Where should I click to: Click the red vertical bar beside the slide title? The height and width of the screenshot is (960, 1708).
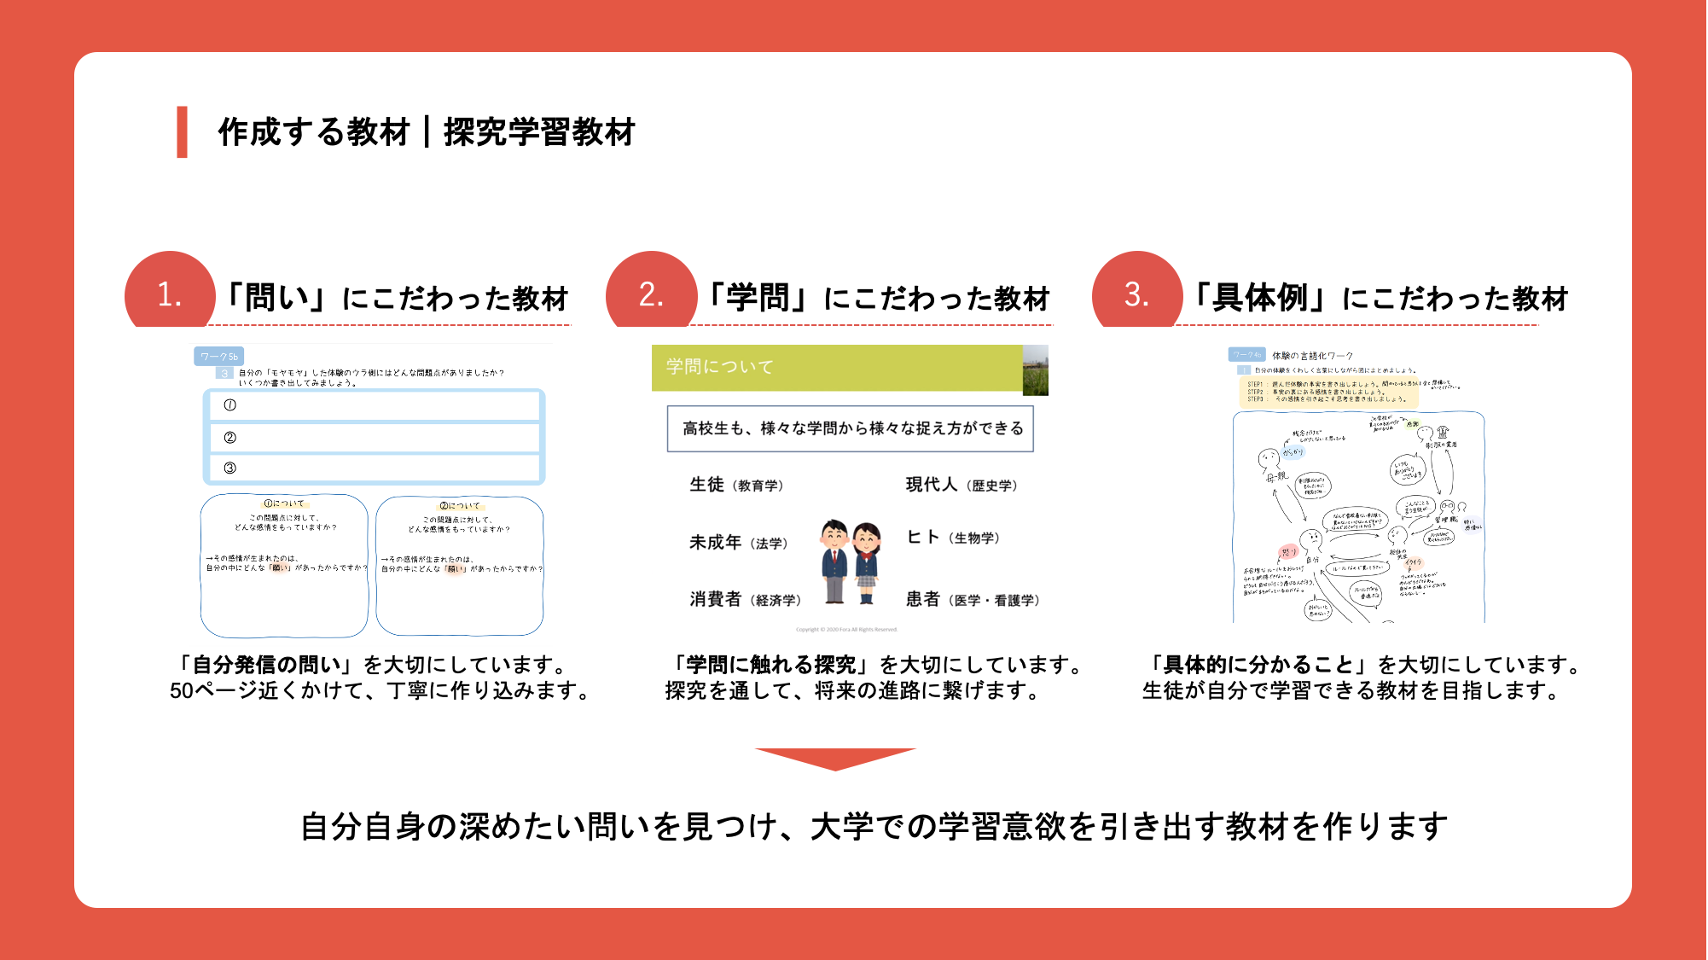[x=182, y=132]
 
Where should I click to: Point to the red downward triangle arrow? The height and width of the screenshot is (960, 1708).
[x=835, y=758]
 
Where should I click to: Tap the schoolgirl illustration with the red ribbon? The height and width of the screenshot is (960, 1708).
[x=867, y=562]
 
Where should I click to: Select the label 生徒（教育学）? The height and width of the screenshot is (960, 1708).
[x=736, y=485]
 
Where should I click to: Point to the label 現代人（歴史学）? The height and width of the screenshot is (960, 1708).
[x=961, y=485]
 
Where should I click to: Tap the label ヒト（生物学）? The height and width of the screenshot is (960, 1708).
[x=953, y=538]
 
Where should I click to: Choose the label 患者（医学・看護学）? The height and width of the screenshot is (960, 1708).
[x=973, y=600]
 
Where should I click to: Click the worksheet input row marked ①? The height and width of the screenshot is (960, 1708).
[x=375, y=406]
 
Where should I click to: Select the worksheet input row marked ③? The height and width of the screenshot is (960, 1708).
[x=375, y=468]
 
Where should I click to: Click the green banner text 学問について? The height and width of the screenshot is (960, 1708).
[x=720, y=367]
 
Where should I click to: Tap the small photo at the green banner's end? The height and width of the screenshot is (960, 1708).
[x=1035, y=369]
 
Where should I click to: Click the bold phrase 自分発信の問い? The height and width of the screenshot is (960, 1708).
[x=266, y=665]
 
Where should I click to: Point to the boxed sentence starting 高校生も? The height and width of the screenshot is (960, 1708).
[x=851, y=428]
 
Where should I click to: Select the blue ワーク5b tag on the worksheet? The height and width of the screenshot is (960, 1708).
[x=219, y=357]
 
